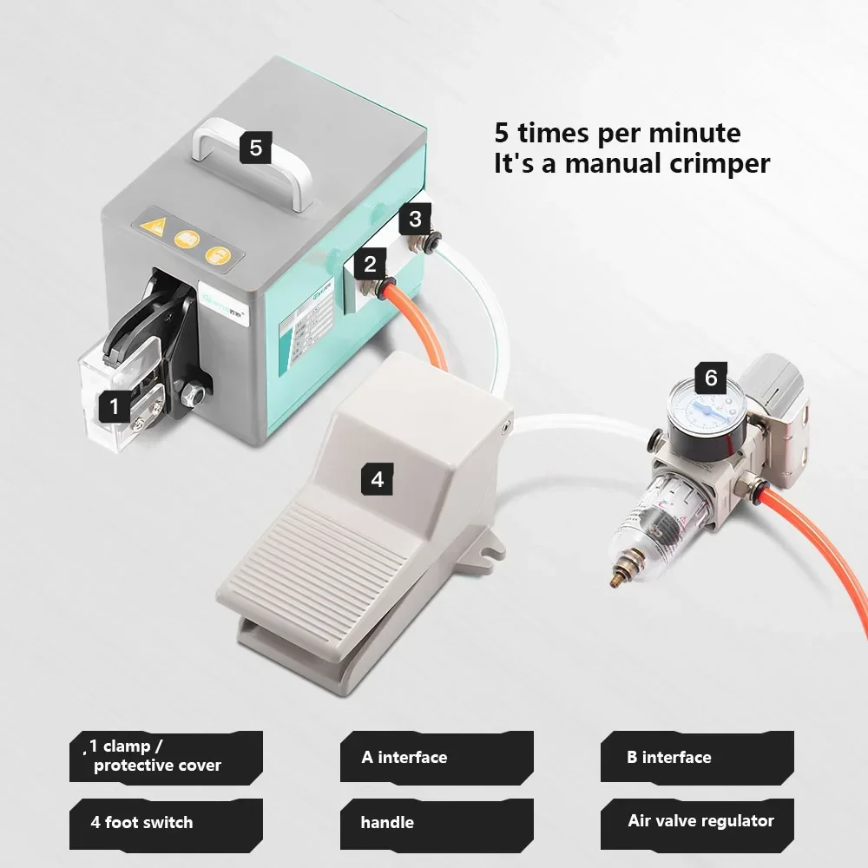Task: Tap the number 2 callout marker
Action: click(x=371, y=265)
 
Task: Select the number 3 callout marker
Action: click(x=416, y=219)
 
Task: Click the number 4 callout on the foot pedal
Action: click(x=377, y=478)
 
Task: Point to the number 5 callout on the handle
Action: click(x=255, y=148)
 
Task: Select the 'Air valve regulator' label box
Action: click(x=697, y=821)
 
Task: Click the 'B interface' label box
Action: click(x=697, y=757)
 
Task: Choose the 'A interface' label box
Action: click(x=437, y=757)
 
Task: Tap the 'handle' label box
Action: click(x=437, y=822)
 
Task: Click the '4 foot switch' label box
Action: click(x=166, y=822)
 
